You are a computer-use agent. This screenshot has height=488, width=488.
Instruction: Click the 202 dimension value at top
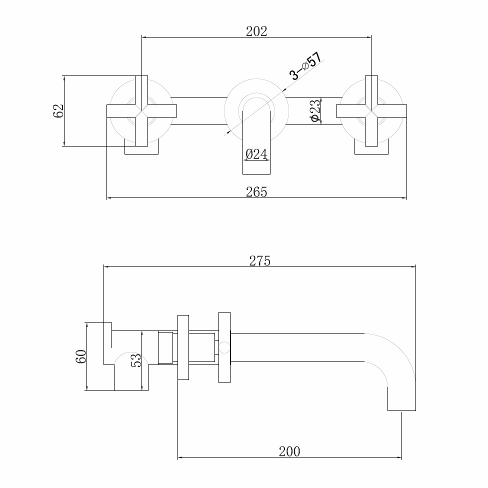pyautogui.click(x=256, y=31)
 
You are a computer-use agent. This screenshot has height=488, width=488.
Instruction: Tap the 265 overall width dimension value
pyautogui.click(x=256, y=192)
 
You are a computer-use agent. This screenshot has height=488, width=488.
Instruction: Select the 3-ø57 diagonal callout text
pyautogui.click(x=306, y=66)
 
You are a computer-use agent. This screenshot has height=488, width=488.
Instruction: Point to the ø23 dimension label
pyautogui.click(x=314, y=111)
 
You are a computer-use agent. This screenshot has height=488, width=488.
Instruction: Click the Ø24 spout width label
pyautogui.click(x=256, y=154)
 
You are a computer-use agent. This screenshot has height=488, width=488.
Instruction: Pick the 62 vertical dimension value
pyautogui.click(x=58, y=111)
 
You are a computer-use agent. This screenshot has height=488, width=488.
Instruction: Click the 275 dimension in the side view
pyautogui.click(x=259, y=260)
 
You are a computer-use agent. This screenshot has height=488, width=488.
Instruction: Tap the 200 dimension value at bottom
pyautogui.click(x=289, y=451)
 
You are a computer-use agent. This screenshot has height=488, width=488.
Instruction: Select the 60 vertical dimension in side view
pyautogui.click(x=81, y=356)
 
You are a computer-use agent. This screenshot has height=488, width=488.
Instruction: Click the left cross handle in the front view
pyautogui.click(x=141, y=111)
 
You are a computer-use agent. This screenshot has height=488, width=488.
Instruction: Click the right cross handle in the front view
pyautogui.click(x=371, y=111)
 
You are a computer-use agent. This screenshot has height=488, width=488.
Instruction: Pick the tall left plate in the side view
pyautogui.click(x=183, y=347)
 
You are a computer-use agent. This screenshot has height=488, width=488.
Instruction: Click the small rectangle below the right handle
pyautogui.click(x=371, y=150)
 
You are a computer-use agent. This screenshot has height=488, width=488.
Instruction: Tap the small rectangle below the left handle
pyautogui.click(x=141, y=150)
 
